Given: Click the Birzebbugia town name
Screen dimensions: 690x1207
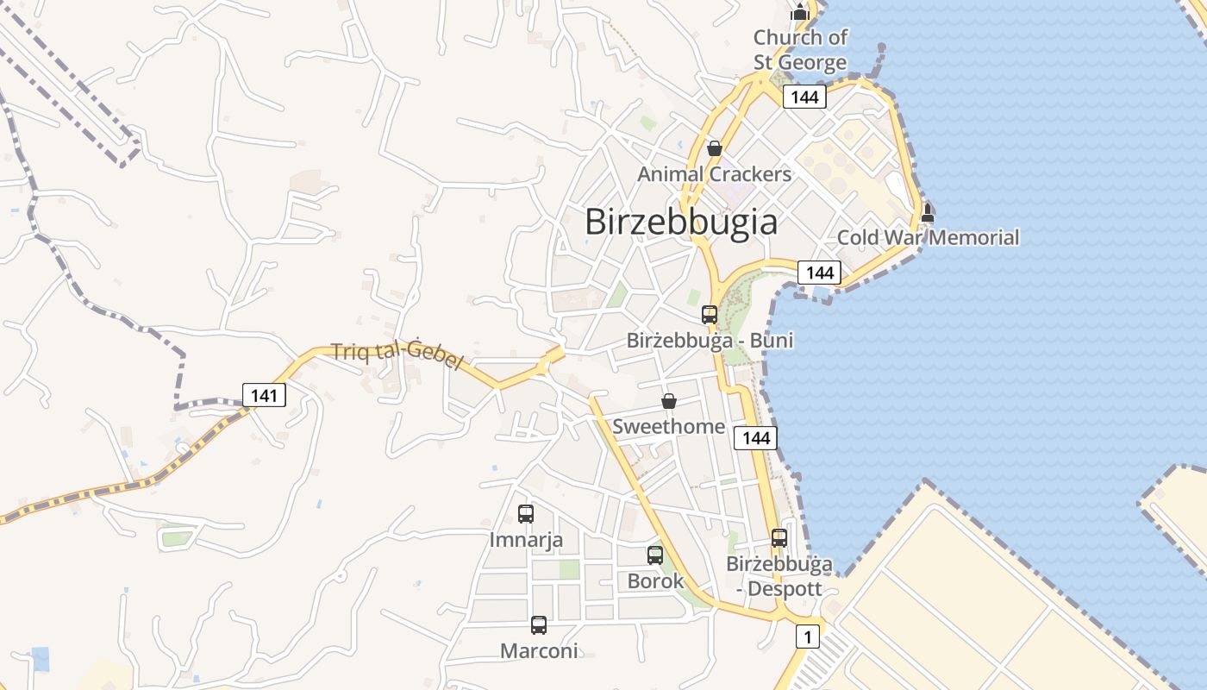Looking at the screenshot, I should (681, 222).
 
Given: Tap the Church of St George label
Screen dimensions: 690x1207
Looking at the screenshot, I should (800, 50).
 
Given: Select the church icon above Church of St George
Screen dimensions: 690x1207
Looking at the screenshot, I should (800, 12).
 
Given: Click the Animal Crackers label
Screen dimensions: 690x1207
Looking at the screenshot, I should (714, 174).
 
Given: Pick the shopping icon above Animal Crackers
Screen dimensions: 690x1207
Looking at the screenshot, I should (714, 148).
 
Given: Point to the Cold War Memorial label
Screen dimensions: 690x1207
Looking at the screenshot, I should (928, 237).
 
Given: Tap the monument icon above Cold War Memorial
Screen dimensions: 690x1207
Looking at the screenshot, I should (928, 212).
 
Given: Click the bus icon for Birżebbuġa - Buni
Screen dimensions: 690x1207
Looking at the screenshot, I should (710, 315).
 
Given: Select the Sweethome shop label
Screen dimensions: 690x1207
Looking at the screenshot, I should (668, 426).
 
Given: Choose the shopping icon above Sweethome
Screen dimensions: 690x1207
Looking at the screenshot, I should (668, 401).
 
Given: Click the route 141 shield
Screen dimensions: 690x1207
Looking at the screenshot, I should (264, 396).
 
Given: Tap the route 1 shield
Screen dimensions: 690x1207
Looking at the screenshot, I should (807, 637).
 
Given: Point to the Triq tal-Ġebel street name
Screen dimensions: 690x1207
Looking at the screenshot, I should (398, 354).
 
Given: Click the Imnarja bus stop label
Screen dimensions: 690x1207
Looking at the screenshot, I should (526, 540).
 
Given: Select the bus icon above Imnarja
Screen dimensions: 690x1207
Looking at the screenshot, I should (526, 514).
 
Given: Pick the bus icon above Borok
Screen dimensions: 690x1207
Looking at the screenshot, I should (655, 555).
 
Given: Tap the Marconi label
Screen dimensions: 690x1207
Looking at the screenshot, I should (539, 650).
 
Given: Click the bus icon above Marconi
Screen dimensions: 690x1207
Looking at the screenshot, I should (539, 625).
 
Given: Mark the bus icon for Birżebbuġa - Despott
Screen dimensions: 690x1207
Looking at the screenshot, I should (779, 538).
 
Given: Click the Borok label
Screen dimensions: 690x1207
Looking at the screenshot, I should (655, 580).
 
